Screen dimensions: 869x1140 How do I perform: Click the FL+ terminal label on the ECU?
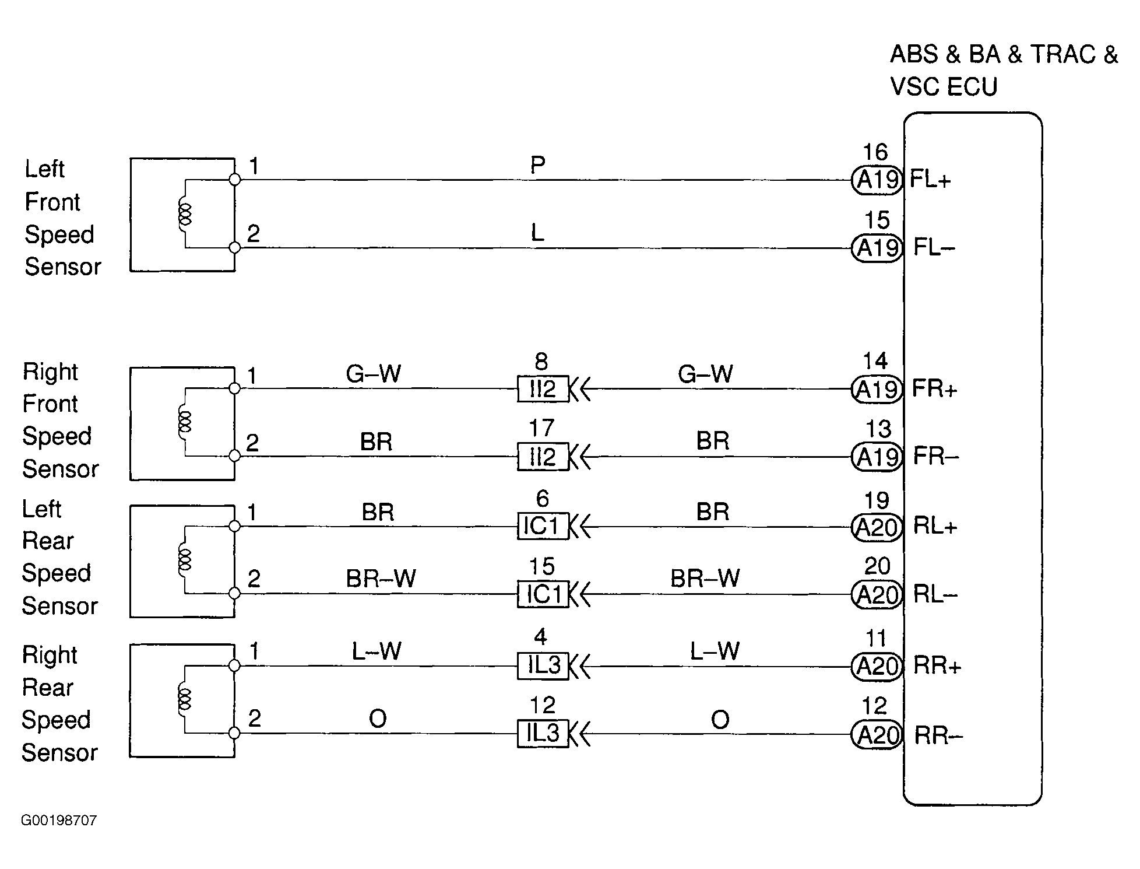(x=930, y=180)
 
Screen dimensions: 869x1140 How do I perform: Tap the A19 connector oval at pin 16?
(x=877, y=180)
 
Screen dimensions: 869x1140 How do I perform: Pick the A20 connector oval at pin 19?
(x=877, y=527)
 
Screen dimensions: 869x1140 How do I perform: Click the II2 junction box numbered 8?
(x=543, y=389)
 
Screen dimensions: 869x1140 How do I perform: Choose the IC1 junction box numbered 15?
(x=543, y=594)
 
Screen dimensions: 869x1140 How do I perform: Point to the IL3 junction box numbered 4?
(x=543, y=665)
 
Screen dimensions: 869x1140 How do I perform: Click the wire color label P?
(x=537, y=166)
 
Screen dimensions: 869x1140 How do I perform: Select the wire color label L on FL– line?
(x=537, y=233)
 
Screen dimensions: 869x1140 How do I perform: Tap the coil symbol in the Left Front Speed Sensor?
(x=185, y=214)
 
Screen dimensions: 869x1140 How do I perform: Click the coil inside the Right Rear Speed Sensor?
(x=185, y=699)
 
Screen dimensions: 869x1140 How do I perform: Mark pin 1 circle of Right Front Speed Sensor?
(x=234, y=388)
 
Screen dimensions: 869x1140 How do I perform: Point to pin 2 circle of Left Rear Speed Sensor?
(x=234, y=594)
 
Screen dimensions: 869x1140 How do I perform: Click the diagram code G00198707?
(x=59, y=821)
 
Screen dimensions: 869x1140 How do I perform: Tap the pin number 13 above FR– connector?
(x=878, y=430)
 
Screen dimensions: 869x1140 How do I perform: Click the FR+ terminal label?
(x=934, y=389)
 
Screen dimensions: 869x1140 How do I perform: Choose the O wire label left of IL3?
(x=378, y=719)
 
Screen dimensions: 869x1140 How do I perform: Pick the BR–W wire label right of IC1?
(x=705, y=579)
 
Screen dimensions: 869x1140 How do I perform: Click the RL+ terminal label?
(x=935, y=526)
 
